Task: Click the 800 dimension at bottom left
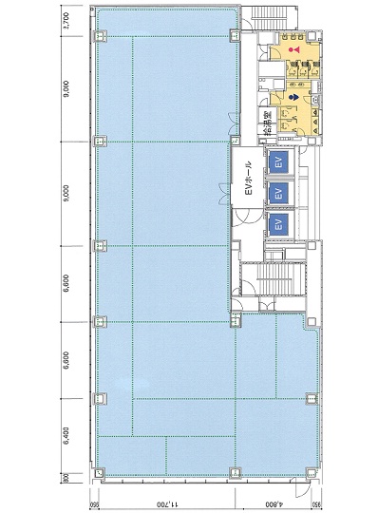pyautogui.click(x=65, y=478)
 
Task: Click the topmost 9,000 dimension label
pyautogui.click(x=65, y=90)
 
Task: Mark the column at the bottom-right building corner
pyautogui.click(x=312, y=472)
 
